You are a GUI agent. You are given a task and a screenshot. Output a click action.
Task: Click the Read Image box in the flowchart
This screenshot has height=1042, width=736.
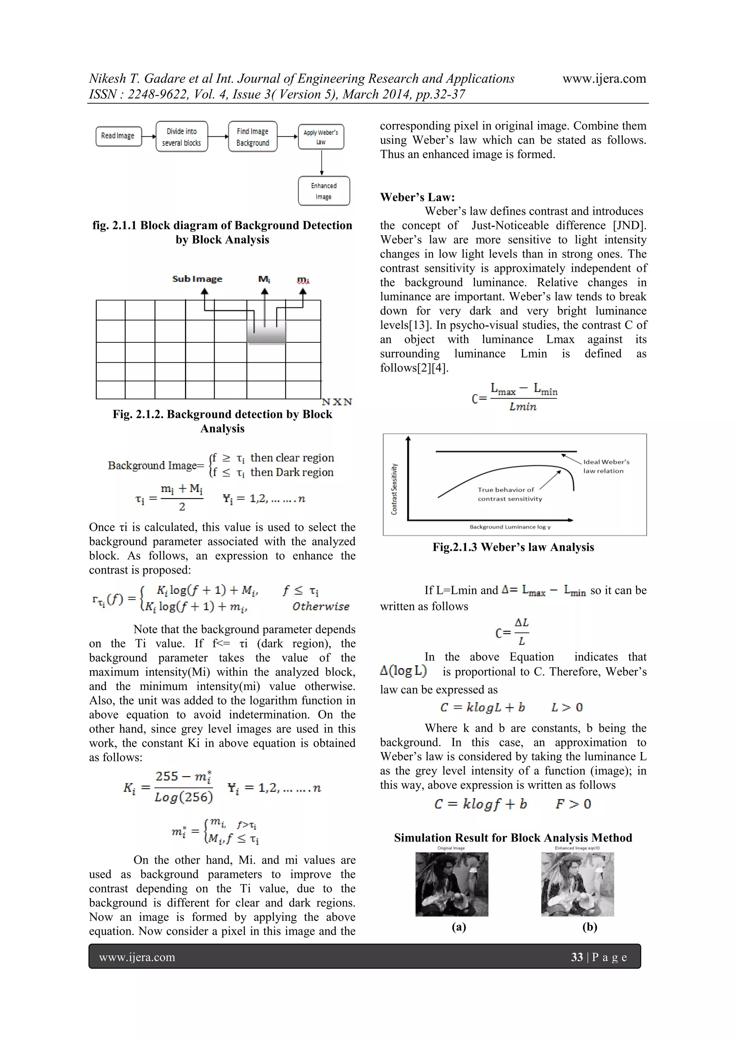click(x=118, y=136)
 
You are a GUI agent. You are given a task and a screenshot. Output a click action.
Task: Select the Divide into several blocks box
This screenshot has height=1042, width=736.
click(x=181, y=137)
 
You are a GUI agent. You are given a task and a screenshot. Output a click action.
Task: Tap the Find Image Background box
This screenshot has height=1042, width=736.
click(x=253, y=137)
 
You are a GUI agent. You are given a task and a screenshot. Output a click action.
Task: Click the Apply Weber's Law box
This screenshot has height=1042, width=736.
click(x=321, y=137)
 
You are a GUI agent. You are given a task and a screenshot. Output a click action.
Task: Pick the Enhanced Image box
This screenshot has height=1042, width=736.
click(x=324, y=191)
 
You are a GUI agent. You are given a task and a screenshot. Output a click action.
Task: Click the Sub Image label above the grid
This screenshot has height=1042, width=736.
click(x=197, y=279)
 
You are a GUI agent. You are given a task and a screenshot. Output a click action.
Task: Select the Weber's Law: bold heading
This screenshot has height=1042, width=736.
click(x=417, y=197)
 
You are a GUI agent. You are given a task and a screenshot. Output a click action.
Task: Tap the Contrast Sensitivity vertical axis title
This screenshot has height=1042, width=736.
click(x=394, y=489)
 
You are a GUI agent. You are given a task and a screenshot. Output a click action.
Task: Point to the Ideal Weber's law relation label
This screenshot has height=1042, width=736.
click(x=606, y=466)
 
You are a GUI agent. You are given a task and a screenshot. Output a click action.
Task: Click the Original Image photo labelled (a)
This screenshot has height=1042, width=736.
click(x=452, y=884)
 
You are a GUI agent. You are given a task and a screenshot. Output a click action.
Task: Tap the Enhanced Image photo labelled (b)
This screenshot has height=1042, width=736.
click(x=577, y=884)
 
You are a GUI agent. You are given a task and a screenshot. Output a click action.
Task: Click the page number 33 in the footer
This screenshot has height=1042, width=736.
click(x=576, y=957)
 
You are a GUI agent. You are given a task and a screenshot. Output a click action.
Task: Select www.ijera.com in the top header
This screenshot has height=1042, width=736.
click(x=604, y=78)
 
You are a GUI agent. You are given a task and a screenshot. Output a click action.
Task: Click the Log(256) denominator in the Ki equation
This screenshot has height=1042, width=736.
click(x=184, y=797)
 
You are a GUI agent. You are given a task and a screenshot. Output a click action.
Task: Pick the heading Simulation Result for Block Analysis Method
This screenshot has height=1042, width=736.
click(x=513, y=837)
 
